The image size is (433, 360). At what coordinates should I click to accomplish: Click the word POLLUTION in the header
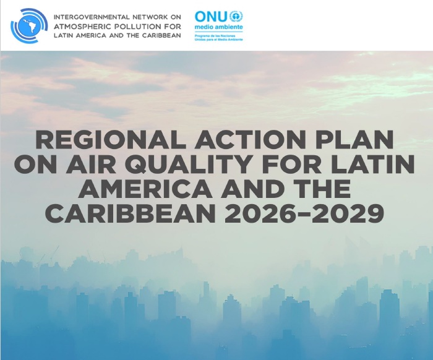tap(137, 25)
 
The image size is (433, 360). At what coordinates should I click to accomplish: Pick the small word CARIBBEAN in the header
tap(160, 35)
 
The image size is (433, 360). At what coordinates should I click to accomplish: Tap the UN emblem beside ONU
tap(236, 16)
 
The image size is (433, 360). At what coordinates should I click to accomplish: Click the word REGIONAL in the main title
tap(106, 140)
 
